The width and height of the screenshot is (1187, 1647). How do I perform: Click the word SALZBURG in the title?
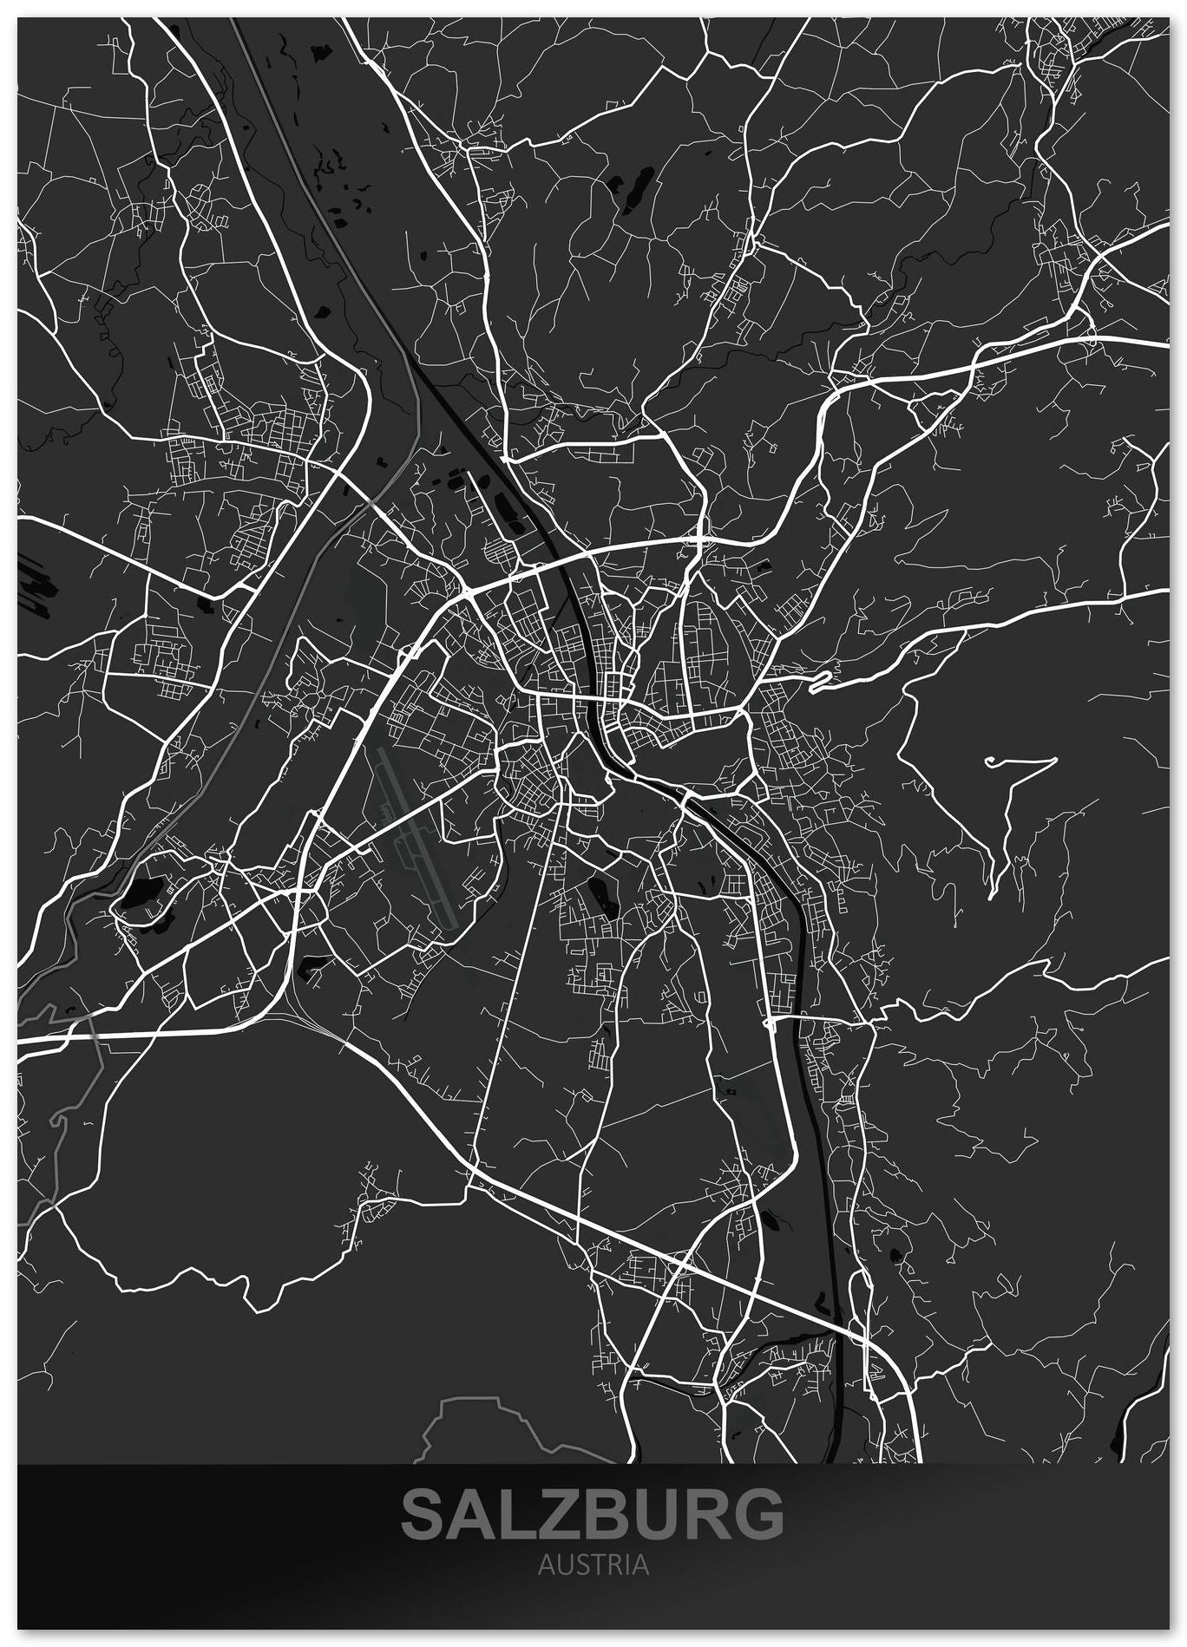coord(593,1513)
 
